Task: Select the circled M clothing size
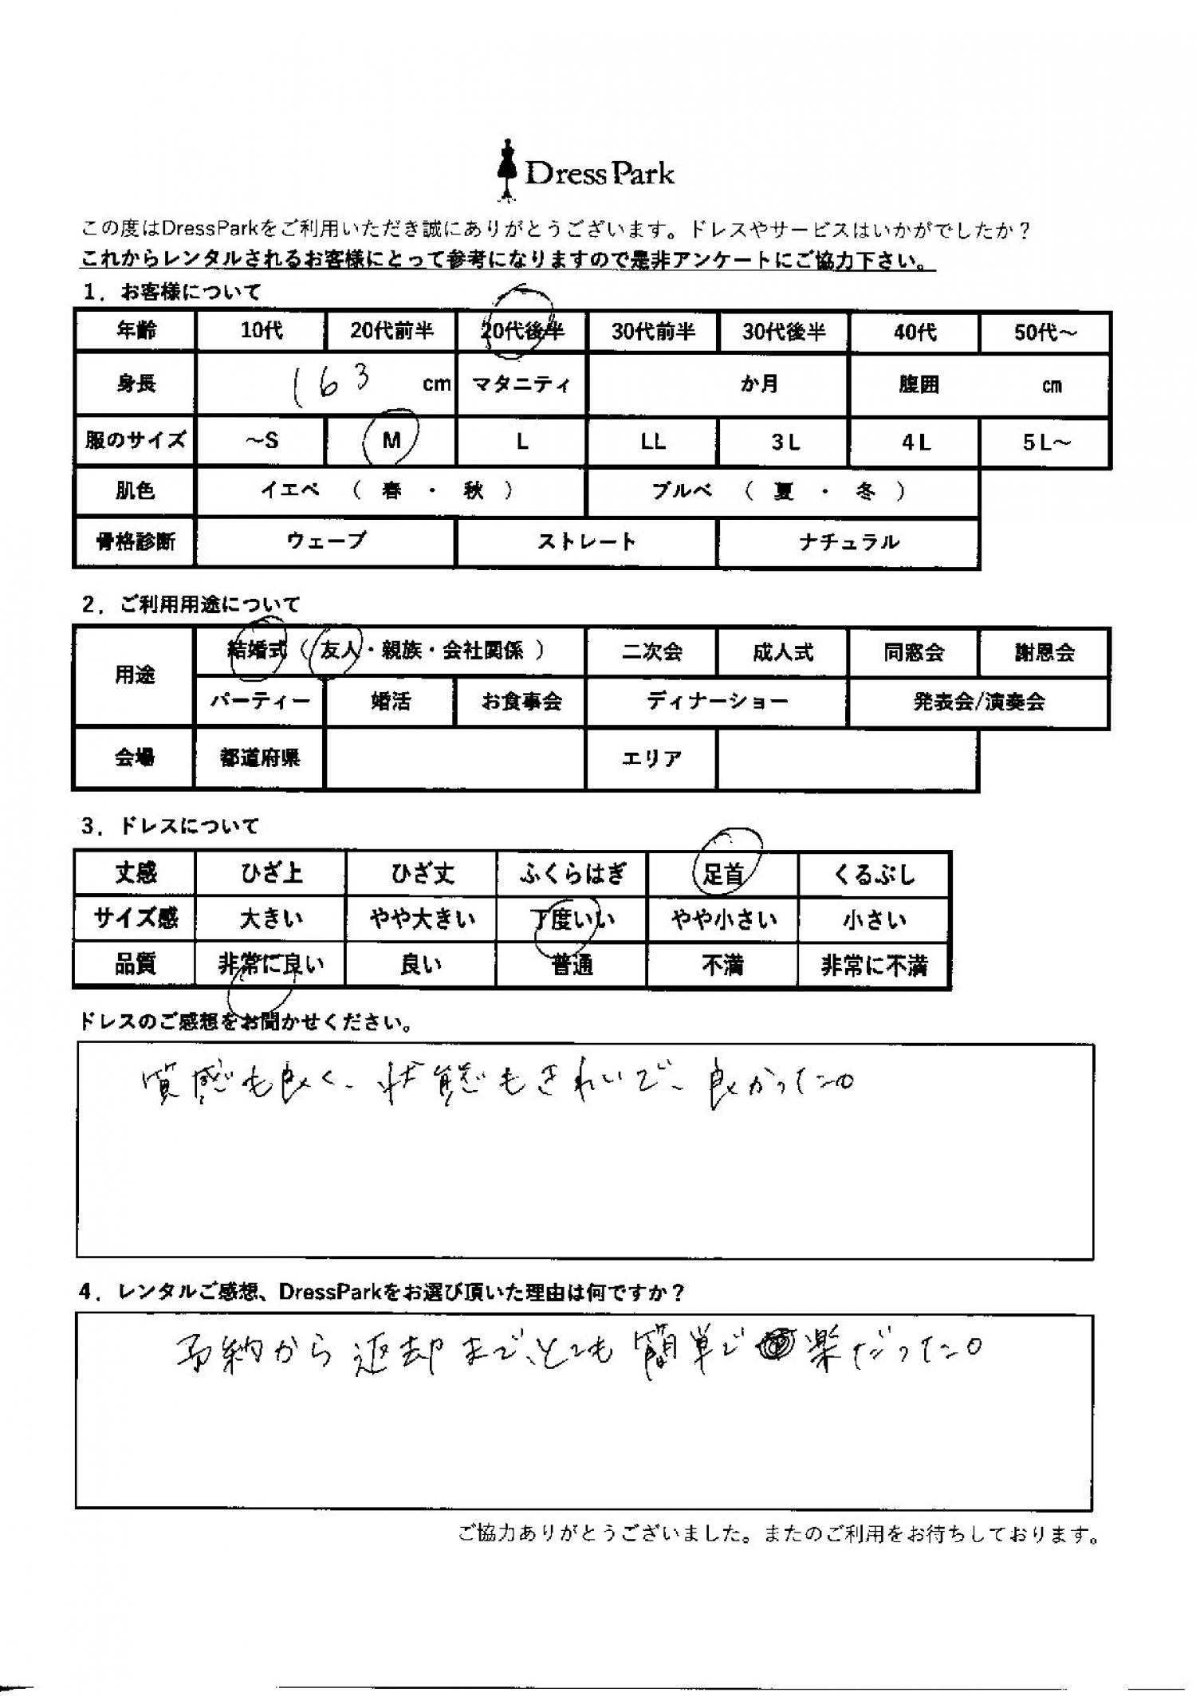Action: pos(391,440)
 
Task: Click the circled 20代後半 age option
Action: pos(522,330)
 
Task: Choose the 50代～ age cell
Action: pos(1045,333)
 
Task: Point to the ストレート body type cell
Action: pos(586,542)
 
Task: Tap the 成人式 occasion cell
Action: pos(782,652)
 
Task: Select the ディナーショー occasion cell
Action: pos(716,702)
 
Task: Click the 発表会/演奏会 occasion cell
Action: pos(978,702)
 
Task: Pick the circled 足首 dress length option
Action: pos(723,874)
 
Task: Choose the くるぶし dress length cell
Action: pos(874,875)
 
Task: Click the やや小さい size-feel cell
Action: pos(723,920)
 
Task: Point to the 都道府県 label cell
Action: pos(260,757)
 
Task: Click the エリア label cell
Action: pos(651,758)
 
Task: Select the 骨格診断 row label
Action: pos(135,542)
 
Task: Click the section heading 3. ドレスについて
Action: pos(170,826)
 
